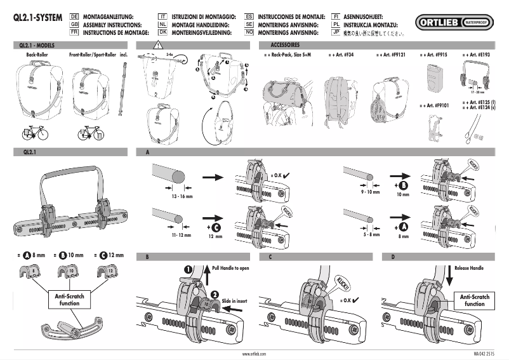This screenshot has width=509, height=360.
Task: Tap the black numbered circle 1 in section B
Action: pyautogui.click(x=188, y=269)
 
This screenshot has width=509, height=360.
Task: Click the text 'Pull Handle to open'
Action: pyautogui.click(x=231, y=269)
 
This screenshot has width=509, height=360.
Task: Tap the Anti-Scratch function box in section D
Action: pyautogui.click(x=474, y=300)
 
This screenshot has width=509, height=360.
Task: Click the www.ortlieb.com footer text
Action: pyautogui.click(x=254, y=352)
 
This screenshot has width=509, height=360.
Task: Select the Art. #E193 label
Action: pyautogui.click(x=483, y=57)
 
